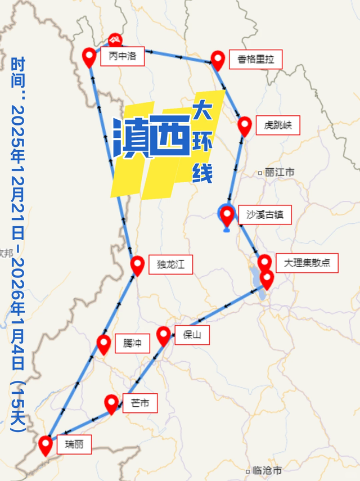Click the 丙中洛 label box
(122, 57)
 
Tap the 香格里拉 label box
(255, 59)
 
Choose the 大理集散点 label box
(307, 262)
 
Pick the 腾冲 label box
(132, 343)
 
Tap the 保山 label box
(192, 335)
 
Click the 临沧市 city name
(267, 470)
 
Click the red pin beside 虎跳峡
(244, 125)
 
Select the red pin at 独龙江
(137, 265)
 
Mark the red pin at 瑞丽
(46, 445)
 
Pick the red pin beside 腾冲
(103, 344)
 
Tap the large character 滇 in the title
(131, 137)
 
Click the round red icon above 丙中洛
(115, 39)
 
